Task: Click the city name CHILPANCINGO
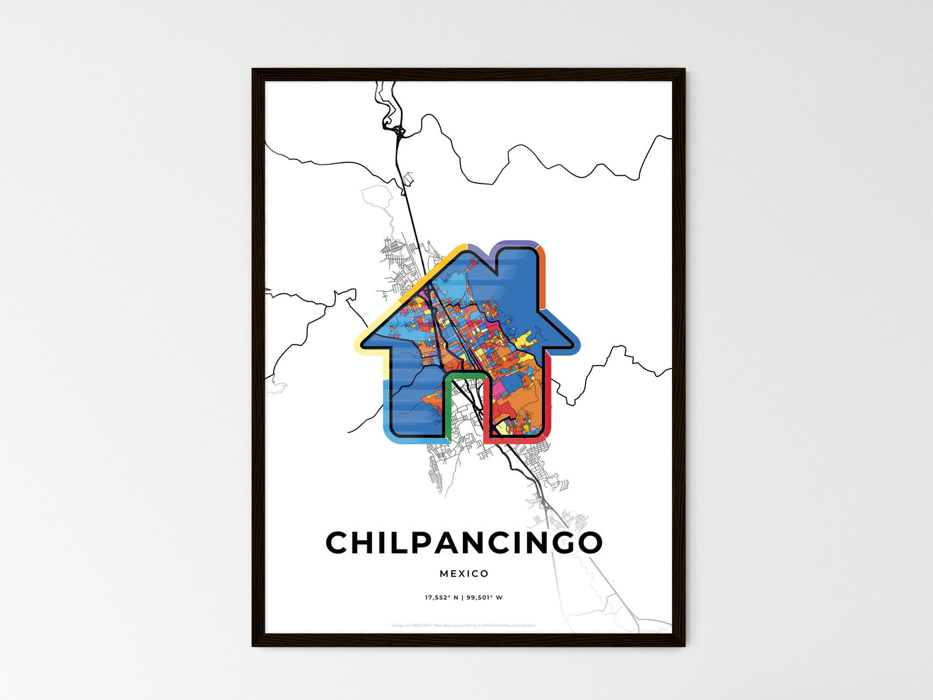pyautogui.click(x=464, y=543)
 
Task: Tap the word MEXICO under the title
pyautogui.click(x=464, y=573)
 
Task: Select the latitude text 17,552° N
pyautogui.click(x=441, y=597)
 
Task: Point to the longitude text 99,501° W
pyautogui.click(x=484, y=597)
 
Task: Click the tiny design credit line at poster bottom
pyautogui.click(x=464, y=625)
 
